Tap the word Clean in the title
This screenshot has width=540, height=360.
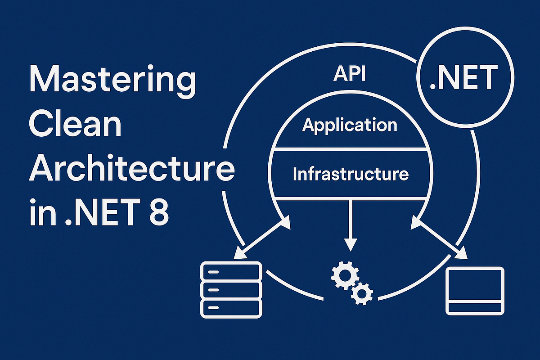pos(76,126)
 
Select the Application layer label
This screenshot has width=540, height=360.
pos(350,125)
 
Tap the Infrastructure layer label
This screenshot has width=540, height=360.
pos(351,174)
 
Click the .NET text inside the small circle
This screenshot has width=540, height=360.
pos(463,78)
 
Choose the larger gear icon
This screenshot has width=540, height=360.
pos(343,275)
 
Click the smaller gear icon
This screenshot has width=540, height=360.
pos(361,293)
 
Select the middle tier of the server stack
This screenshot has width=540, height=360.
pos(231,289)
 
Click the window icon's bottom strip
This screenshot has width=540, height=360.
pos(475,307)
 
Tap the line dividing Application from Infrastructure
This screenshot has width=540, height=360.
pos(350,149)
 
